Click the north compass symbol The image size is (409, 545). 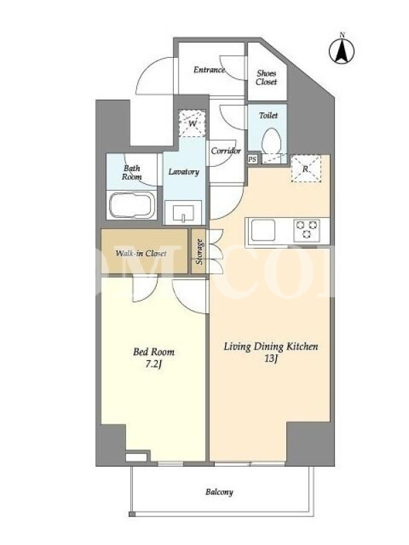342,50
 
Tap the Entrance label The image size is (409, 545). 209,70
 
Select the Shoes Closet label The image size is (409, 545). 267,78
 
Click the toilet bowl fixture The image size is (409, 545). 271,142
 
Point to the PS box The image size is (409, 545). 252,159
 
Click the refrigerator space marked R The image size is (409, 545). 305,169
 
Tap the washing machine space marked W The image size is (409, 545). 192,123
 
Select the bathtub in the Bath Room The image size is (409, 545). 132,205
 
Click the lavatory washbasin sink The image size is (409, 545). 183,213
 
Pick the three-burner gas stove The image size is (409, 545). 306,230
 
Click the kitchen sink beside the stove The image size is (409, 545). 263,230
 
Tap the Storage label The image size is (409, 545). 199,252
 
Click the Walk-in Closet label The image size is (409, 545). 141,253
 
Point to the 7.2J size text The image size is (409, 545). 154,365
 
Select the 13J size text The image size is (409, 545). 271,359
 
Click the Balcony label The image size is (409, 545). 219,492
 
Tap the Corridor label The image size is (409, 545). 226,151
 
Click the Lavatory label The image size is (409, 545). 183,172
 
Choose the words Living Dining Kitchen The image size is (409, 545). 271,347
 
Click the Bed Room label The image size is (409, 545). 154,352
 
